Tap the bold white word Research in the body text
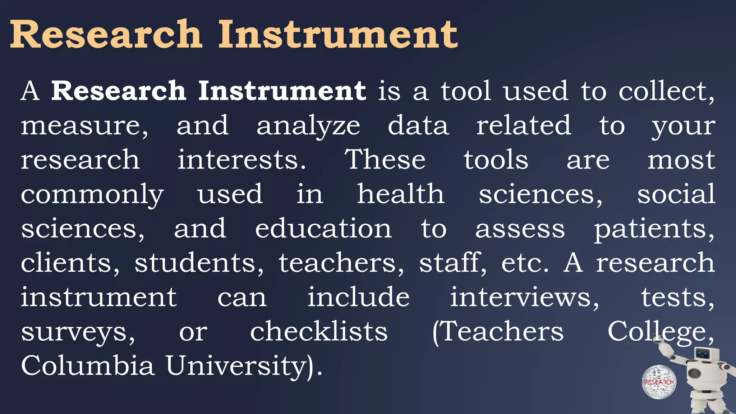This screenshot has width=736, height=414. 119,91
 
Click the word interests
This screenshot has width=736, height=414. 241,160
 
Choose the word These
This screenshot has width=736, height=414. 385,160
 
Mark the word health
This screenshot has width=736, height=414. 400,194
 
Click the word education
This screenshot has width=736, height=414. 323,229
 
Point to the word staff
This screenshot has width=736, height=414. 451,263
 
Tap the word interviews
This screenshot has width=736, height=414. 524,298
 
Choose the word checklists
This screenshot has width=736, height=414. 319,331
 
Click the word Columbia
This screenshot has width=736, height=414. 87,366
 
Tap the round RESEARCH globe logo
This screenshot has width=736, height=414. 659,382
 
